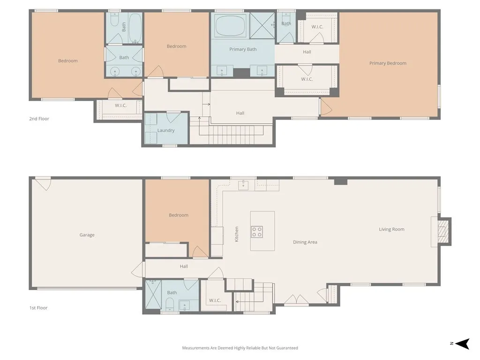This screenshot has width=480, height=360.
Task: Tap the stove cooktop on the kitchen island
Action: tap(257, 232)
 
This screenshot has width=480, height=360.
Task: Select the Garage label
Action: tap(87, 235)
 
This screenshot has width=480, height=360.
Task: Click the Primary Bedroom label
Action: tap(388, 63)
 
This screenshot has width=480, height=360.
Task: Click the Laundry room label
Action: tap(166, 130)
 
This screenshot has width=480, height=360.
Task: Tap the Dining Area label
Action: tap(305, 242)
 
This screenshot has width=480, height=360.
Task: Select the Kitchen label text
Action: tap(237, 234)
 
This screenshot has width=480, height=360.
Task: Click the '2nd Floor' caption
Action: tap(39, 119)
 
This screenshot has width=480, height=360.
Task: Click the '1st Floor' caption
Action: tap(39, 308)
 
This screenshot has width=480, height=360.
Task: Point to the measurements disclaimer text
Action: tap(240, 348)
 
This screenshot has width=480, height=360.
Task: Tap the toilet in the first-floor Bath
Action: tap(170, 305)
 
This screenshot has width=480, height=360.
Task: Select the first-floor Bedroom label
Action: tap(179, 215)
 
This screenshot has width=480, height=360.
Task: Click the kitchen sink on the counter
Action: tap(243, 185)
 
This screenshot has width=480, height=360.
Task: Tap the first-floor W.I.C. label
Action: tap(215, 300)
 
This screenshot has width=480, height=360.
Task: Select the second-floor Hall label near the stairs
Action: tap(240, 113)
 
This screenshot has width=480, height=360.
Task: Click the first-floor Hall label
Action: tap(184, 266)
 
